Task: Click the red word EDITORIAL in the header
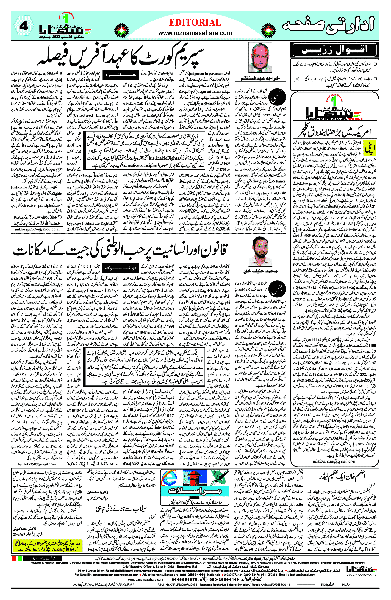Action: [x=195, y=23]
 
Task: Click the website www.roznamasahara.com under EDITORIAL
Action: [x=195, y=33]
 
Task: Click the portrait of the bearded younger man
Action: [x=260, y=251]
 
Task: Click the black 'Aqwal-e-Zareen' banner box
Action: [x=334, y=50]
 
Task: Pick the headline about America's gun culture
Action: [x=334, y=132]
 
